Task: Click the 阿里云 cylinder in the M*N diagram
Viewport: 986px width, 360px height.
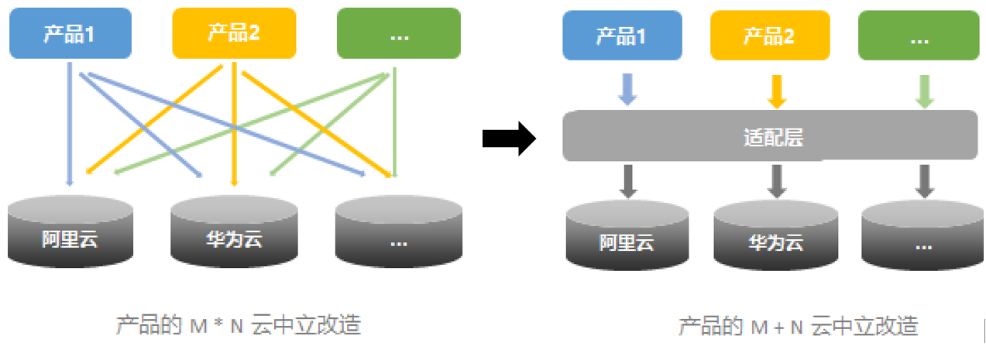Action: [x=70, y=232]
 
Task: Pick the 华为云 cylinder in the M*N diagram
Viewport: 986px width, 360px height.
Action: [x=234, y=232]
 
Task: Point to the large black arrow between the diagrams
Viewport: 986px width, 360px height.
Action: [x=509, y=139]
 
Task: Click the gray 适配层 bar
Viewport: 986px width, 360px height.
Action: [x=770, y=136]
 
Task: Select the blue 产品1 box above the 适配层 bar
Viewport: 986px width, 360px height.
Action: [x=622, y=37]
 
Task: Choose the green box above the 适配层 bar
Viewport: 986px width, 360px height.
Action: [x=919, y=37]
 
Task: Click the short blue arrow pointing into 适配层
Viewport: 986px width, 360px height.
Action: [x=628, y=90]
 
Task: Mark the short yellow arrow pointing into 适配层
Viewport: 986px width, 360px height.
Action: [x=777, y=90]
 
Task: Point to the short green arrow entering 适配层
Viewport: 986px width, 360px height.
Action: [x=924, y=90]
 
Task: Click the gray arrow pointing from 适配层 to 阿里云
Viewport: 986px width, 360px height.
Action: [x=628, y=180]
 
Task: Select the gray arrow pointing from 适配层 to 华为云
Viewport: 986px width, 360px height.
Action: [x=777, y=180]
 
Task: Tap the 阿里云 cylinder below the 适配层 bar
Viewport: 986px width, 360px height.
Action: [x=627, y=236]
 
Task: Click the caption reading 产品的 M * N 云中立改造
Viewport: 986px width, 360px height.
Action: [x=239, y=325]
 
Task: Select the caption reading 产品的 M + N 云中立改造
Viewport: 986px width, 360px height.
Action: [x=799, y=327]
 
